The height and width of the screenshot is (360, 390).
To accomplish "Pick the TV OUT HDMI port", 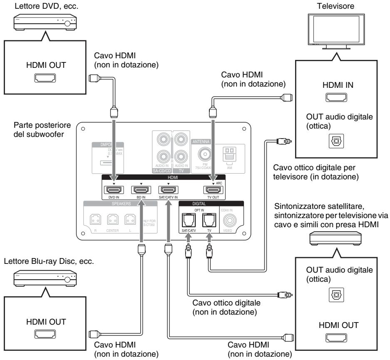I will pos(214,190).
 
